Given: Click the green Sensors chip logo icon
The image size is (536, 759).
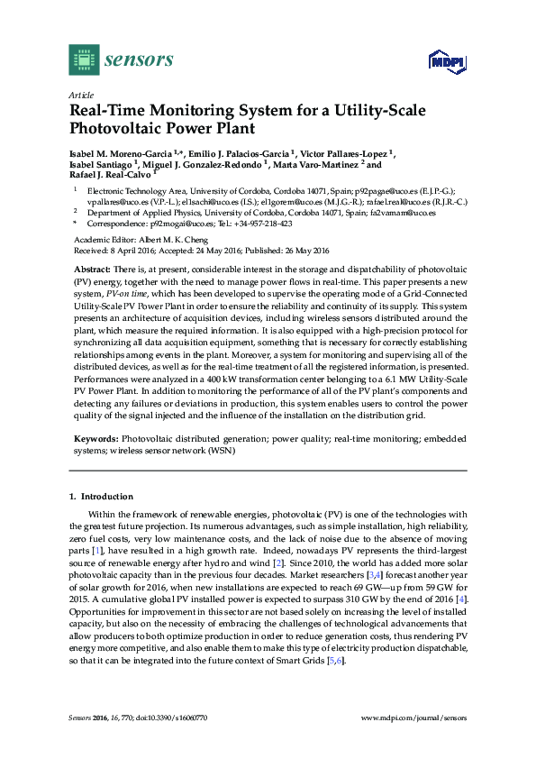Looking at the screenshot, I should [x=83, y=60].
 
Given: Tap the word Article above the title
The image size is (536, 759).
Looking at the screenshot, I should [x=81, y=95].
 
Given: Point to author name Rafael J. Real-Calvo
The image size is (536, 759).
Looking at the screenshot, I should [x=109, y=177].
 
